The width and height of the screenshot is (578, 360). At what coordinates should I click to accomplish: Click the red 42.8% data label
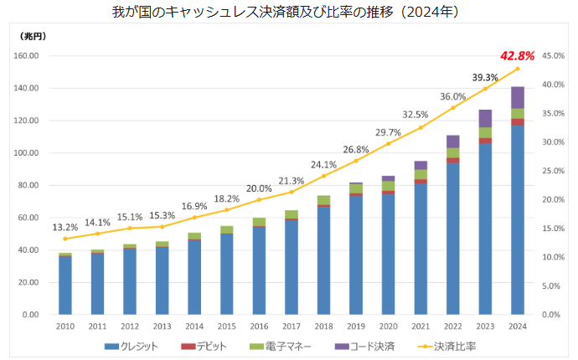coord(517,57)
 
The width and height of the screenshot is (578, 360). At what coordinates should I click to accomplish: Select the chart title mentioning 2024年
coord(289,13)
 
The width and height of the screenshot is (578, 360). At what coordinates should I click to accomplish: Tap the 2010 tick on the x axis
coord(65,327)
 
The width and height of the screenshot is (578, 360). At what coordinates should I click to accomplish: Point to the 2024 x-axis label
coord(518,327)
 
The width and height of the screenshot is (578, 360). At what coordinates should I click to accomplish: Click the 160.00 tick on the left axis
coord(27,56)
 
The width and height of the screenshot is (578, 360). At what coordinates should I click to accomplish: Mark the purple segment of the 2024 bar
coord(518,97)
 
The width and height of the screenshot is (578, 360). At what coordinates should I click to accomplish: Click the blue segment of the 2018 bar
coord(323,260)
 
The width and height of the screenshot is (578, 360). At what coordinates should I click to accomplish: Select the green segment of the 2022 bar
coord(453,152)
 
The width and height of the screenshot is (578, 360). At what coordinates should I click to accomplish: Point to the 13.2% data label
coord(65,227)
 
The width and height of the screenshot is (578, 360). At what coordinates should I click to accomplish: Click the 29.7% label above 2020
coord(388,132)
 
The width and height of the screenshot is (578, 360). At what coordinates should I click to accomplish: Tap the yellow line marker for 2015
coord(226,209)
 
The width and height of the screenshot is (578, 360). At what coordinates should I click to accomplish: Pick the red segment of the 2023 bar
coord(486,141)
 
